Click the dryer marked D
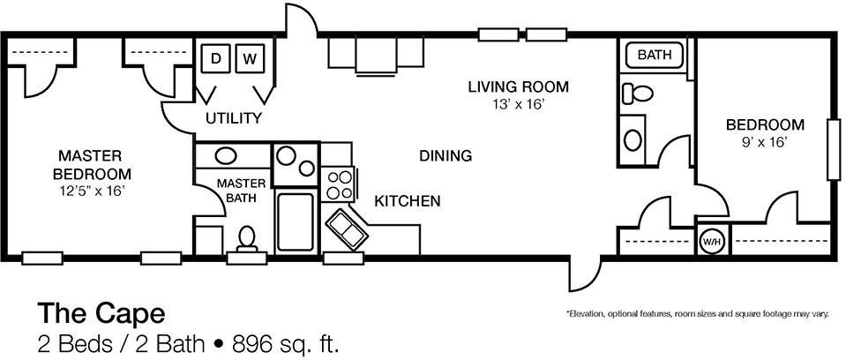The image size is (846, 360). pyautogui.click(x=216, y=58)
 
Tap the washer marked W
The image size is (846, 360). pyautogui.click(x=250, y=58)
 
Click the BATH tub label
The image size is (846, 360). pyautogui.click(x=655, y=55)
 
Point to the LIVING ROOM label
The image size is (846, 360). pyautogui.click(x=518, y=86)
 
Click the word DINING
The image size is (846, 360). pyautogui.click(x=445, y=156)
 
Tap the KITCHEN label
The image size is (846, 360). pyautogui.click(x=408, y=201)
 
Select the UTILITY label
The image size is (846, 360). pyautogui.click(x=234, y=118)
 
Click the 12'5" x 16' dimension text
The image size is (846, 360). pyautogui.click(x=94, y=190)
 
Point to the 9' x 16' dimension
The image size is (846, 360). pyautogui.click(x=765, y=141)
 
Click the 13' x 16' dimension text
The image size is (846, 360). pyautogui.click(x=518, y=104)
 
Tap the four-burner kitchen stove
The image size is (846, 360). pyautogui.click(x=338, y=184)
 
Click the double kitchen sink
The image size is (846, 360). pyautogui.click(x=347, y=230)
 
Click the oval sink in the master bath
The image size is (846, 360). pyautogui.click(x=226, y=156)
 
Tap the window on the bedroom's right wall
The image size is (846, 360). pyautogui.click(x=834, y=149)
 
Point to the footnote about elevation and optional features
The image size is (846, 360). pyautogui.click(x=697, y=313)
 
